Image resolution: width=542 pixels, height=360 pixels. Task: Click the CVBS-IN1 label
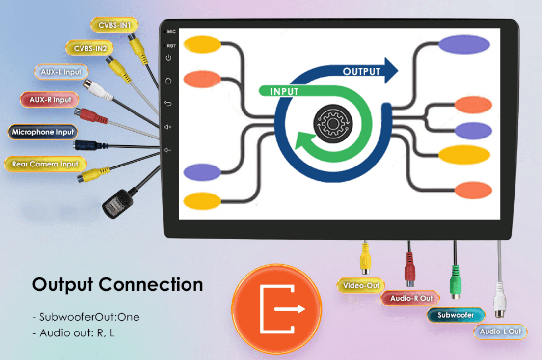click(x=114, y=25)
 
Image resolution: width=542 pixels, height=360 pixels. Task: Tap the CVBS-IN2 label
click(x=90, y=48)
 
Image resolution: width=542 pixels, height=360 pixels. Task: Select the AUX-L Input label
click(x=61, y=72)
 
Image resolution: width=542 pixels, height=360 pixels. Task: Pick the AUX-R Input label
click(x=50, y=100)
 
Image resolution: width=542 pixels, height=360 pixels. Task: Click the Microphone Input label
click(x=43, y=132)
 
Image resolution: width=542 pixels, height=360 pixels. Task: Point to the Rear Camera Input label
click(x=45, y=164)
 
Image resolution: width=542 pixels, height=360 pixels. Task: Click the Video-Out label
click(x=361, y=286)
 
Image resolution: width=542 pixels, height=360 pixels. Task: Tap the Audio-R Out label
click(x=411, y=298)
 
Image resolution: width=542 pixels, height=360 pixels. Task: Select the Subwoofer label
click(x=456, y=315)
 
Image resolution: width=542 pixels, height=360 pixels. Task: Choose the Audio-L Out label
click(x=500, y=332)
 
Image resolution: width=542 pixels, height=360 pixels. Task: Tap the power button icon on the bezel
click(x=168, y=58)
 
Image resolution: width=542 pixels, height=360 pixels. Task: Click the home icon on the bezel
click(x=168, y=81)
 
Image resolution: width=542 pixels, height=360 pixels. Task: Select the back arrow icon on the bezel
click(x=168, y=104)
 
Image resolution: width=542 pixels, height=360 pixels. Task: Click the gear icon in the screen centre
click(x=333, y=123)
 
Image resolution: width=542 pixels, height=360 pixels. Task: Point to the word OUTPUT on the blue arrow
click(x=361, y=72)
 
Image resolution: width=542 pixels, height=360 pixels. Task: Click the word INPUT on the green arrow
click(x=284, y=92)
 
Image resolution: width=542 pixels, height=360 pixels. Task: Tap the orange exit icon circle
click(x=276, y=309)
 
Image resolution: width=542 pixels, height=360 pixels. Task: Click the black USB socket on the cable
click(x=117, y=204)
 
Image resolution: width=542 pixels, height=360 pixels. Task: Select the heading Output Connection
click(x=117, y=285)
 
